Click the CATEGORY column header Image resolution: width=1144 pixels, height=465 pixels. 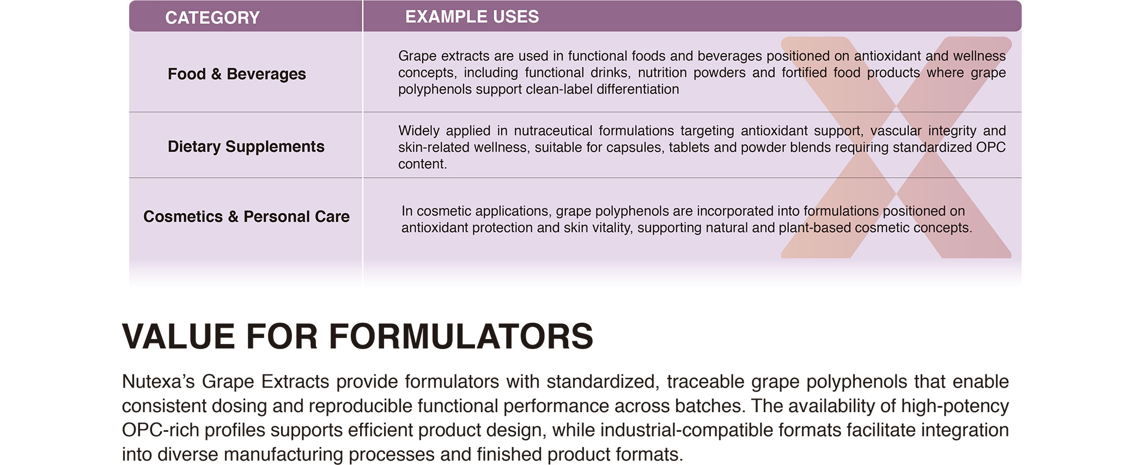pyautogui.click(x=212, y=17)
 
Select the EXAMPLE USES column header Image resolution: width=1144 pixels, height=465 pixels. pyautogui.click(x=472, y=17)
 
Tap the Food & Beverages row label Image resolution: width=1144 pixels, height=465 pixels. pyautogui.click(x=236, y=74)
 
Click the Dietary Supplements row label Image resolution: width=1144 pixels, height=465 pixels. pyautogui.click(x=246, y=146)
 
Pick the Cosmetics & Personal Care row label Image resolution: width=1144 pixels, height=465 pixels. pyautogui.click(x=246, y=216)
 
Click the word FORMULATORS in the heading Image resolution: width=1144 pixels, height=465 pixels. pyautogui.click(x=461, y=336)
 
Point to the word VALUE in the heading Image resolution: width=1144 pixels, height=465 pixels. pyautogui.click(x=178, y=336)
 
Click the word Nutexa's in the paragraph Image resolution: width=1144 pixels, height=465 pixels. pyautogui.click(x=158, y=382)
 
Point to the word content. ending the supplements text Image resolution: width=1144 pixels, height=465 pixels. pyautogui.click(x=422, y=164)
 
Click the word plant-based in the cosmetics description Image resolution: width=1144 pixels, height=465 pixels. pyautogui.click(x=814, y=228)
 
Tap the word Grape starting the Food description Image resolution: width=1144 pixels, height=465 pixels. pyautogui.click(x=417, y=56)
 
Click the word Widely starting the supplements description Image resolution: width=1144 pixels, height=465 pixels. pyautogui.click(x=418, y=131)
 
